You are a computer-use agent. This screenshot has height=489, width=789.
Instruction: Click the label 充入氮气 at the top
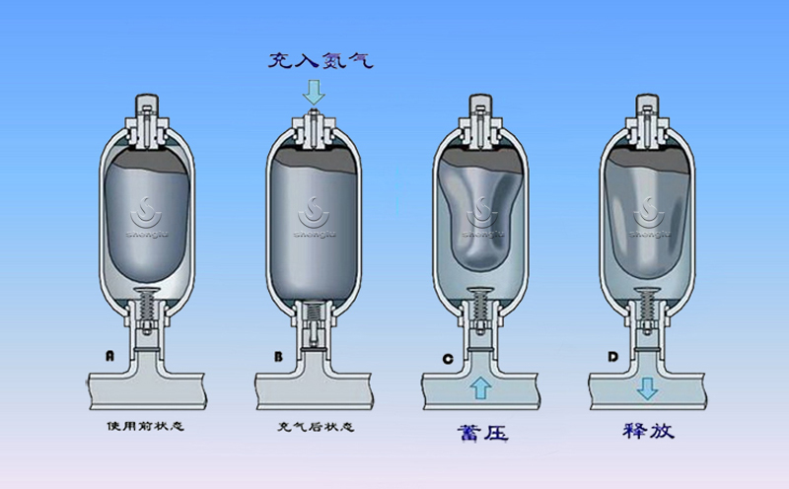(x=321, y=60)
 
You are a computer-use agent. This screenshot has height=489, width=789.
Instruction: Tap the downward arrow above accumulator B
(x=314, y=94)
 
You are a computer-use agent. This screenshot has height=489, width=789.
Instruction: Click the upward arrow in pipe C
(x=480, y=387)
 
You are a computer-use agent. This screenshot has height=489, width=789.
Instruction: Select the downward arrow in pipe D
(x=647, y=387)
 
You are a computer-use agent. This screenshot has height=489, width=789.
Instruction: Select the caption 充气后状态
(x=314, y=428)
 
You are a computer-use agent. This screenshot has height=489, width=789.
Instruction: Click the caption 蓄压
(x=481, y=431)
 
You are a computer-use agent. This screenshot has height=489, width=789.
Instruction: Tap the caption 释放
(x=648, y=431)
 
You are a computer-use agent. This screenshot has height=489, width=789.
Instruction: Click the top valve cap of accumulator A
(x=146, y=105)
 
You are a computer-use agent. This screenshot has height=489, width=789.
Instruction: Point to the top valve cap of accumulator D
(x=647, y=105)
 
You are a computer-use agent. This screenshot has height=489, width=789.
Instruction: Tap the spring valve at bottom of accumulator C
(x=480, y=304)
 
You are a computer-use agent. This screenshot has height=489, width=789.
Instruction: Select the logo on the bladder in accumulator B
(x=314, y=215)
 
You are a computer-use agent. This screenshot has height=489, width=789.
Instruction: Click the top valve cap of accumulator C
(x=480, y=105)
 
